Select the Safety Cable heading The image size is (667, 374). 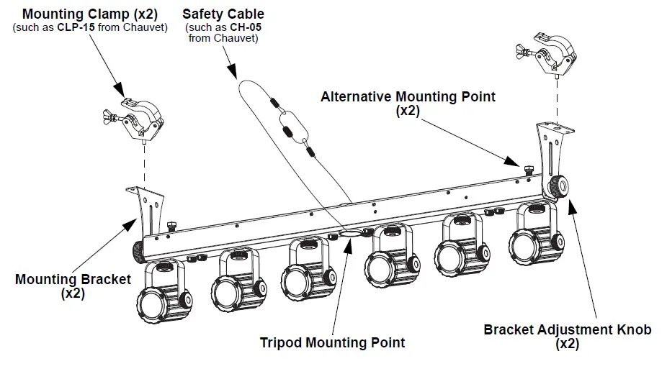tap(223, 14)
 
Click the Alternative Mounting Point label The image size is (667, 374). tap(408, 96)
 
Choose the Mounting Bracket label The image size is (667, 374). tap(73, 279)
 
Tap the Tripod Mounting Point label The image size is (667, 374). tap(332, 342)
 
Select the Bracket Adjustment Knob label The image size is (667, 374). tap(567, 329)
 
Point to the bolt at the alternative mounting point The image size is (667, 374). tap(529, 170)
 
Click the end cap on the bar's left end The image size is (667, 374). tap(135, 251)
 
